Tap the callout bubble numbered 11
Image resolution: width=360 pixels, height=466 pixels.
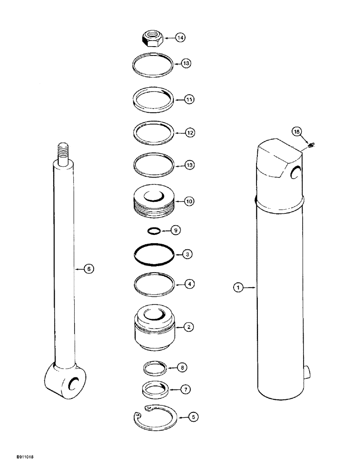pyautogui.click(x=190, y=99)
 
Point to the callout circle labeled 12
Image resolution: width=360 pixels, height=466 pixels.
pyautogui.click(x=190, y=133)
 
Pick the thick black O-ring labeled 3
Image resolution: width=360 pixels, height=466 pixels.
pyautogui.click(x=154, y=255)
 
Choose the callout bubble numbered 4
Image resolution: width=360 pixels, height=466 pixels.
pyautogui.click(x=189, y=283)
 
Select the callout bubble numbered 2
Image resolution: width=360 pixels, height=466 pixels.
pyautogui.click(x=189, y=327)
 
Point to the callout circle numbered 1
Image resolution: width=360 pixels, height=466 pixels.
pyautogui.click(x=238, y=288)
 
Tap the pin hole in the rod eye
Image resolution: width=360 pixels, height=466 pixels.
pyautogui.click(x=73, y=383)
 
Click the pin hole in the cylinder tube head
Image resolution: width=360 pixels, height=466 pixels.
pyautogui.click(x=295, y=173)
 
